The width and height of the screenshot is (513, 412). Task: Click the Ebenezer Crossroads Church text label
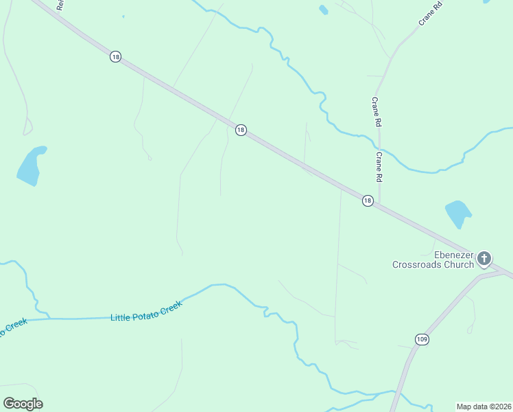433,259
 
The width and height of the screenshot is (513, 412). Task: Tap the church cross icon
484,259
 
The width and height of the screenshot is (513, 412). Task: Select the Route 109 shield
422,339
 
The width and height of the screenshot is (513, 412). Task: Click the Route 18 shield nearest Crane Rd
368,201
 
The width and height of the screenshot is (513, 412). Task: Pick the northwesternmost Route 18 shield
115,56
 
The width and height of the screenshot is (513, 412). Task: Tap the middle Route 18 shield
240,129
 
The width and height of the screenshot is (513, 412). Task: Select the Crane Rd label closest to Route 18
378,167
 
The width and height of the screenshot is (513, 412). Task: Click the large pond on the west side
31,166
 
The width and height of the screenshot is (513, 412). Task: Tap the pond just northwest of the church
457,213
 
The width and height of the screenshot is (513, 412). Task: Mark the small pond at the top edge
323,10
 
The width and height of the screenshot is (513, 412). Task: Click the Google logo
23,403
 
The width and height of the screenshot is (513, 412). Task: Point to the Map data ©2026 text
484,406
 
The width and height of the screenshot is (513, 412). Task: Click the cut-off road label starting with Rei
60,4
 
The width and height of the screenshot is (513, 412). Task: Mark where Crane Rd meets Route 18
379,204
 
